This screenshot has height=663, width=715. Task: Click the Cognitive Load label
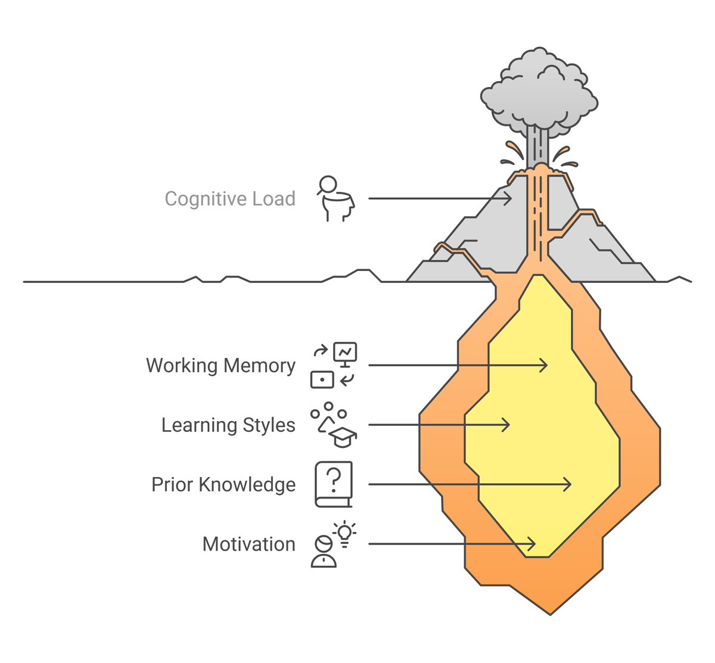coord(230,199)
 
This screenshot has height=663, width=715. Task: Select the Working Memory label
coord(220,365)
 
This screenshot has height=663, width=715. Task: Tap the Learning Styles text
coord(228,425)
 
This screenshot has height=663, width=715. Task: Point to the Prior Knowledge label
coord(223,484)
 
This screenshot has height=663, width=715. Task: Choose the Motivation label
coord(248,544)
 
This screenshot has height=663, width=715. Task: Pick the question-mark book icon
coord(334,484)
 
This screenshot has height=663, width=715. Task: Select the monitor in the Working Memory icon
coord(345,353)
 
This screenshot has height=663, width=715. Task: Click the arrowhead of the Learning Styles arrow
coord(507,425)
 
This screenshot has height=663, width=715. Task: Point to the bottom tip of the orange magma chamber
coord(550,613)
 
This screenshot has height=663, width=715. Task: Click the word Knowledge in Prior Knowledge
coord(247,484)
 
